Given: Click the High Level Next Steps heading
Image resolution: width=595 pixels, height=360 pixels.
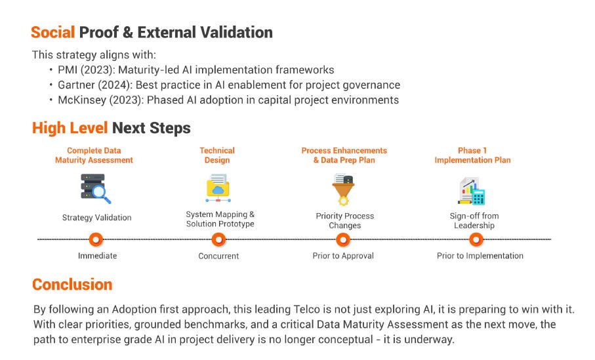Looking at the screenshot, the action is pyautogui.click(x=111, y=128).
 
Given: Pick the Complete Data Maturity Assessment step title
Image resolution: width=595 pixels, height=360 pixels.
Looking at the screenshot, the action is pyautogui.click(x=99, y=155).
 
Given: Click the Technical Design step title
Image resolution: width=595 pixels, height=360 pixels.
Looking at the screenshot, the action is pyautogui.click(x=217, y=155).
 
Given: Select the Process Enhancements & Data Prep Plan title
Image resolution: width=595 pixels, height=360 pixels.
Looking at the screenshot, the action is pyautogui.click(x=344, y=155).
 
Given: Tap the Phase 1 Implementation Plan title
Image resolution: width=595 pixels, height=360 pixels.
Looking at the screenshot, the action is pyautogui.click(x=472, y=155).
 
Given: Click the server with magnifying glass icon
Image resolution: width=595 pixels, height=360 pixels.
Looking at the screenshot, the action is pyautogui.click(x=96, y=189).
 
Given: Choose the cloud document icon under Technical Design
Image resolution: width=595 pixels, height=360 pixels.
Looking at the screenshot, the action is pyautogui.click(x=217, y=188).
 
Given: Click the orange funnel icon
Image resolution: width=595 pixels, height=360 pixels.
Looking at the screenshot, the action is pyautogui.click(x=344, y=190).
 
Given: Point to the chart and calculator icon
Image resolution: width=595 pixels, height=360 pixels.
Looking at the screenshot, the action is pyautogui.click(x=471, y=191).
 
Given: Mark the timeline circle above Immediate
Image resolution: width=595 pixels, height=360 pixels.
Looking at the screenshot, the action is pyautogui.click(x=96, y=240).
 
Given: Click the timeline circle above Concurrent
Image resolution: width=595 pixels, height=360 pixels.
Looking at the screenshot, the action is pyautogui.click(x=218, y=240).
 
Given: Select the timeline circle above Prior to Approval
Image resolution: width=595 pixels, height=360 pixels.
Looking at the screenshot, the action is pyautogui.click(x=343, y=240).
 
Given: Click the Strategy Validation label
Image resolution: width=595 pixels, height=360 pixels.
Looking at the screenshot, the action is pyautogui.click(x=96, y=218).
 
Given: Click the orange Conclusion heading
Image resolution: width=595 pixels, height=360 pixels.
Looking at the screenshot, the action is pyautogui.click(x=72, y=285).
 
